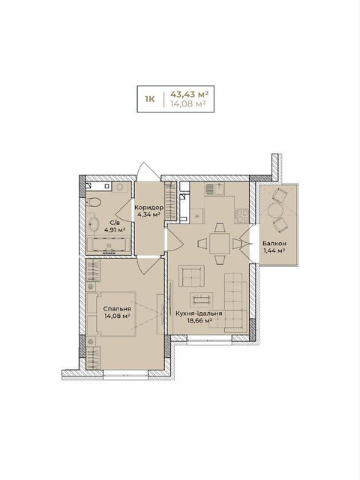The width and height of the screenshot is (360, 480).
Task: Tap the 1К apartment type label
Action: (x=150, y=99)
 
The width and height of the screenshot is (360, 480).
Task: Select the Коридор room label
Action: (x=149, y=208)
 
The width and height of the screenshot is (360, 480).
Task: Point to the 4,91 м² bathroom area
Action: (x=115, y=229)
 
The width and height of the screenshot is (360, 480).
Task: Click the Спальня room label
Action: (x=117, y=309)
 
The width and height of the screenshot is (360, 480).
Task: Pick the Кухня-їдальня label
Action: (x=199, y=313)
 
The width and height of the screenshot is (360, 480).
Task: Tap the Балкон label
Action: (x=274, y=244)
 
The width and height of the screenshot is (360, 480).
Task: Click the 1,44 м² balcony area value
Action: (x=274, y=250)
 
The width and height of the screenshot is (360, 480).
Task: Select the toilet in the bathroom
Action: (x=93, y=202)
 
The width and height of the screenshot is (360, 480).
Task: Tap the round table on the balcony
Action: (x=275, y=210)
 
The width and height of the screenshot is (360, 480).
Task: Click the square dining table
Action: (x=220, y=244)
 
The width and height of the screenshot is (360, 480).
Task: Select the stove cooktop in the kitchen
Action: (x=241, y=216)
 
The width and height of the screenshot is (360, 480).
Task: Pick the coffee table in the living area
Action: (x=202, y=300)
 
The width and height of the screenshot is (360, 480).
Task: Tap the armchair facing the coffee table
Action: (x=191, y=276)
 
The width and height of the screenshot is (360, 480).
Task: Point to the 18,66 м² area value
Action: (x=199, y=320)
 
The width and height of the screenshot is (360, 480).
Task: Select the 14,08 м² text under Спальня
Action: (x=117, y=316)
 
